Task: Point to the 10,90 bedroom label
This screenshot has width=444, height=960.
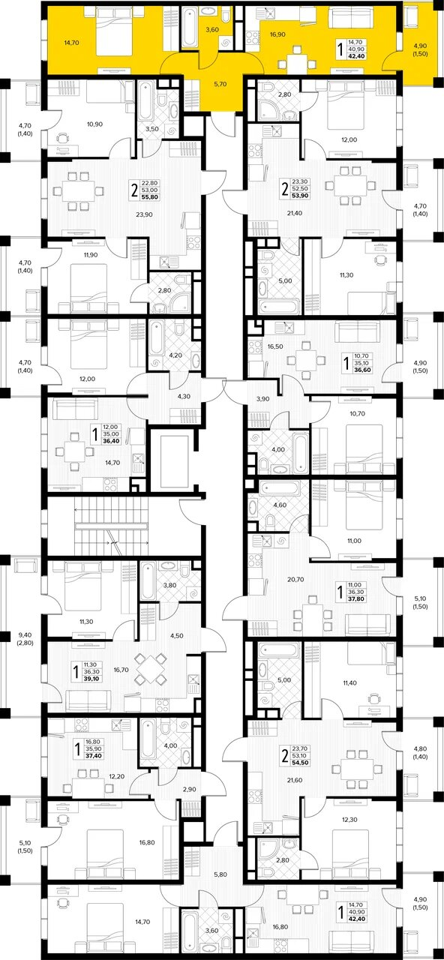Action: click(94, 124)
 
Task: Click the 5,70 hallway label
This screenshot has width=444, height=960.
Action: click(220, 85)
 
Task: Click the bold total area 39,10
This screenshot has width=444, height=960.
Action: click(92, 679)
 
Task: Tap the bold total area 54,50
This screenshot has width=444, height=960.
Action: click(300, 763)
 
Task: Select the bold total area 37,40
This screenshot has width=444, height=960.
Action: click(94, 757)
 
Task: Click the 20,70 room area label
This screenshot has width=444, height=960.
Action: click(295, 580)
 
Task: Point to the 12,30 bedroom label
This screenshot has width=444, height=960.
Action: click(349, 820)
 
